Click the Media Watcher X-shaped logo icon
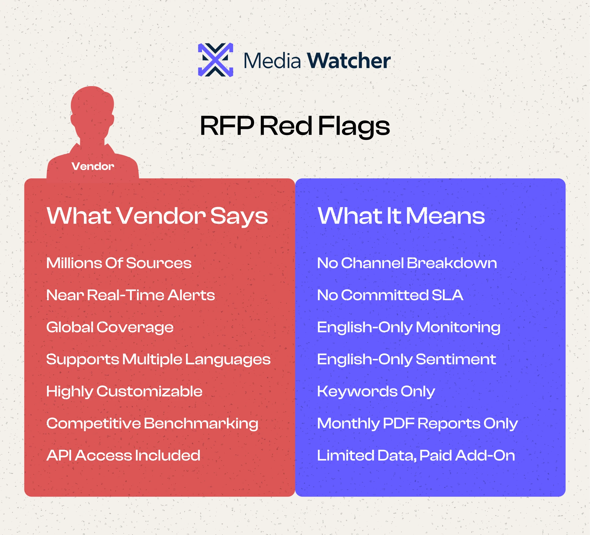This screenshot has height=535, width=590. [x=216, y=60]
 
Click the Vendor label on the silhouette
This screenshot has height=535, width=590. [x=93, y=166]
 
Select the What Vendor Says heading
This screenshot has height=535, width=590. [x=157, y=216]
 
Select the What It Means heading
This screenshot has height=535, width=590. [x=401, y=216]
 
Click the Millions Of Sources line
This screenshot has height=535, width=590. [x=119, y=263]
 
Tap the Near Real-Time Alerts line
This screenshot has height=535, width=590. [x=131, y=295]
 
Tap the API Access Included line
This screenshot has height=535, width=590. [x=123, y=455]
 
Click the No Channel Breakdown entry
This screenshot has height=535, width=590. [x=407, y=263]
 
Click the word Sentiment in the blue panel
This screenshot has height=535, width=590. [x=456, y=359]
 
